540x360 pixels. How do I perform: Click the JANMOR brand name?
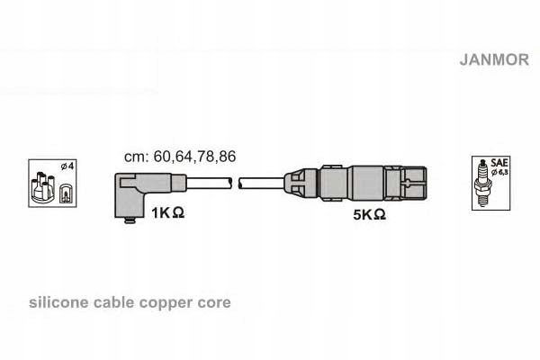(x=494, y=59)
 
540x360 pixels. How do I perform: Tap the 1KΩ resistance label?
(x=167, y=212)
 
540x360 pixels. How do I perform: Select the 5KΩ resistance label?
(x=369, y=214)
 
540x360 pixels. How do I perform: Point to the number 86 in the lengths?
(x=228, y=157)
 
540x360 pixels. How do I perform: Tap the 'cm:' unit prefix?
(x=137, y=157)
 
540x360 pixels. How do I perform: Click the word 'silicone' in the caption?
(x=58, y=302)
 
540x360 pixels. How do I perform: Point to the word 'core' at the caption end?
(x=214, y=303)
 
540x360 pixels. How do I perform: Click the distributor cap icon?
(x=42, y=188)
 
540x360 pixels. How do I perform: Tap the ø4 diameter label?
(x=67, y=166)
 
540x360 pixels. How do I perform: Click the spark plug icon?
(x=481, y=184)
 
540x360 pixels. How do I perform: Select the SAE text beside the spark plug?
(x=499, y=162)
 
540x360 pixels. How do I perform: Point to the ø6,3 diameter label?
(x=499, y=172)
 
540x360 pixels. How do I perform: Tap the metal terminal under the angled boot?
(x=130, y=220)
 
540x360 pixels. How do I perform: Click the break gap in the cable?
(x=236, y=184)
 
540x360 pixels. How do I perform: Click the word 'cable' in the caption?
(x=114, y=302)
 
